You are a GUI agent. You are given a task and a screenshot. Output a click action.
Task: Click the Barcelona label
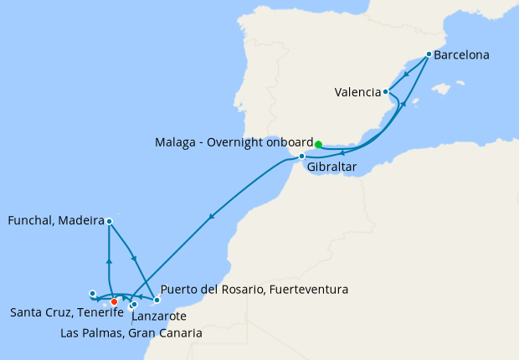[x=463, y=55]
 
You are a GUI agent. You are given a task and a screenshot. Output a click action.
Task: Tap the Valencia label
[x=357, y=92]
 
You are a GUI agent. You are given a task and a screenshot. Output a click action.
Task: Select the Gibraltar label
[x=332, y=167]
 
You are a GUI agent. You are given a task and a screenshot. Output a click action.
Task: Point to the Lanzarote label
[x=159, y=317]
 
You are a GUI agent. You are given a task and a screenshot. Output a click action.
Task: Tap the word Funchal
[x=30, y=222]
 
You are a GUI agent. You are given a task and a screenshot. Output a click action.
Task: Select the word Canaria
[x=177, y=332]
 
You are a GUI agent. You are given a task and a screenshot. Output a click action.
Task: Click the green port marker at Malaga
[x=318, y=144]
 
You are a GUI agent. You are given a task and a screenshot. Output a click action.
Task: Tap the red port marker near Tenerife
[x=115, y=302]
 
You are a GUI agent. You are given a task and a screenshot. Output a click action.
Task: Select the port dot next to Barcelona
[x=429, y=54]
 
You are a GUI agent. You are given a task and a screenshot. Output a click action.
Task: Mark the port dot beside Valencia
[x=386, y=91]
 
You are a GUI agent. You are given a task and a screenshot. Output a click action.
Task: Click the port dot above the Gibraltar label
[x=301, y=157]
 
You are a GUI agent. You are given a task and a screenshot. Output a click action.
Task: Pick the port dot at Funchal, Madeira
[x=110, y=221]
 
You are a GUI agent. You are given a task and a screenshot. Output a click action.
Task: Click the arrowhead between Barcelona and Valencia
[x=406, y=75]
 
